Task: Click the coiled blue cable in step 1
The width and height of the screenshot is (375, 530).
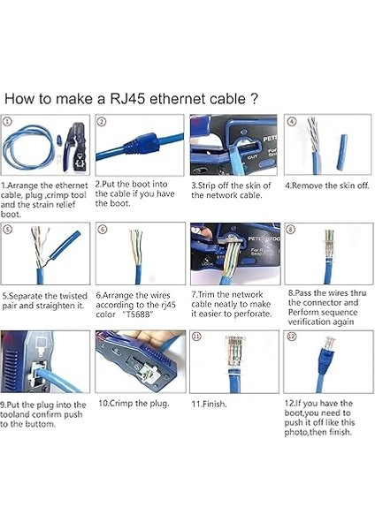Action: tap(27, 146)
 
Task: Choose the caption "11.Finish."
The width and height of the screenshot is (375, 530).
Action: tap(209, 404)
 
